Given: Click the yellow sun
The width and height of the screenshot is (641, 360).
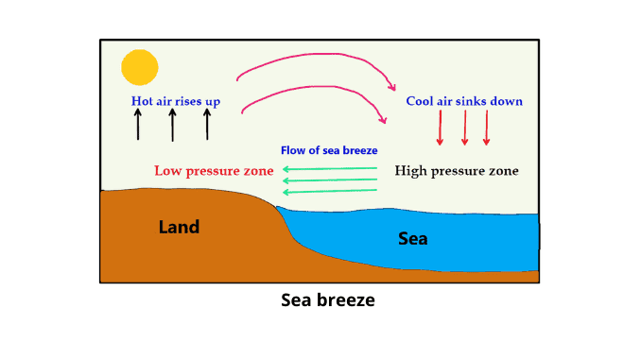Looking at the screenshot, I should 140,67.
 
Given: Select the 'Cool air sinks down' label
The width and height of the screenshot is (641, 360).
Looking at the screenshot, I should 464,101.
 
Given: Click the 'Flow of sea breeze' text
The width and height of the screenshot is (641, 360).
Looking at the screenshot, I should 329,151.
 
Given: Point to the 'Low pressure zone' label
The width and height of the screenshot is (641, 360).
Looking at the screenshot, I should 214,171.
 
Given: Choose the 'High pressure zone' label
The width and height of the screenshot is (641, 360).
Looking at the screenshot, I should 457,171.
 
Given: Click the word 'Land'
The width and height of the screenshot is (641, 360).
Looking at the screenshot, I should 180,227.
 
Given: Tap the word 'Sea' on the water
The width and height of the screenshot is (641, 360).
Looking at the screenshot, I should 412,238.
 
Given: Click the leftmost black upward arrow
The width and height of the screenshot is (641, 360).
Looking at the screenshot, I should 138,124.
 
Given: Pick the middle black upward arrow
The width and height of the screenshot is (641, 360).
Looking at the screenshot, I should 172,124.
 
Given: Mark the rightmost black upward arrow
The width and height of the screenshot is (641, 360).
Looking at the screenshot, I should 207,124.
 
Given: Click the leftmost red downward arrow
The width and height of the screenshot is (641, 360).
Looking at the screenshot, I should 440,128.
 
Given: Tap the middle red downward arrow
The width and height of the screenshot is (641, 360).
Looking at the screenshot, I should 464,128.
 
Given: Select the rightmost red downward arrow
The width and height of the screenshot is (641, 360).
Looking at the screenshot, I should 487,128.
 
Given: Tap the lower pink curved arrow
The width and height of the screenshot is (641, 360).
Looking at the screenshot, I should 312,88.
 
